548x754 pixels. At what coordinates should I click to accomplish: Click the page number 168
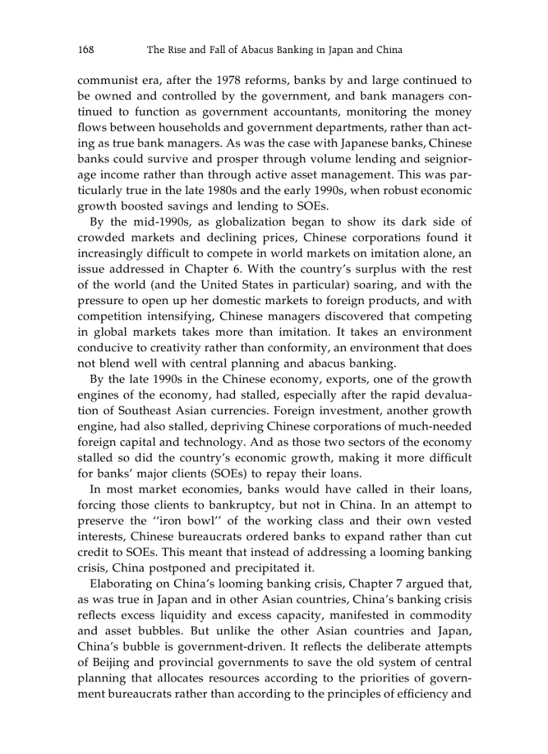pos(85,50)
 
